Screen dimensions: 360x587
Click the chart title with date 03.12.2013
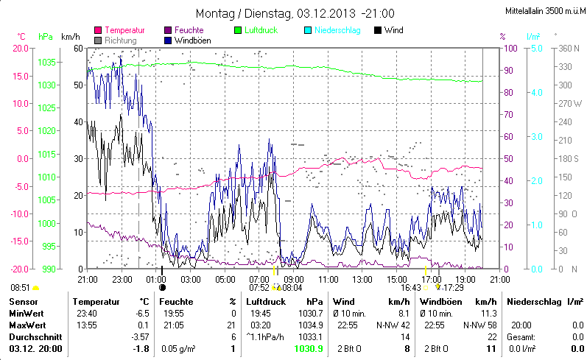click(295, 13)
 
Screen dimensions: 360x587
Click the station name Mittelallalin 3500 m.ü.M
click(545, 12)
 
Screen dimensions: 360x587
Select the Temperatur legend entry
click(124, 30)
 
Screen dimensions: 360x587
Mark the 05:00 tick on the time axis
click(225, 280)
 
